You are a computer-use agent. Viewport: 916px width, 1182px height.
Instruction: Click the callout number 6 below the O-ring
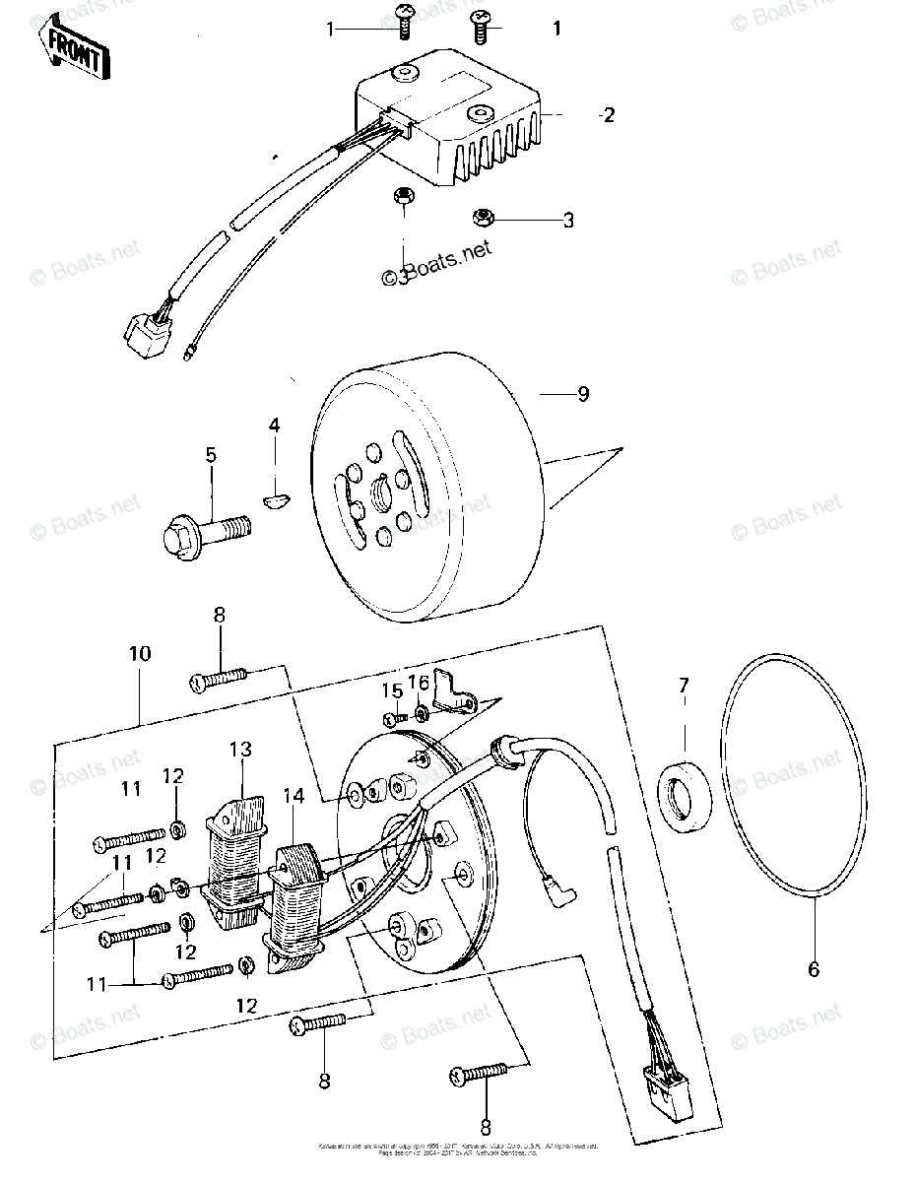click(814, 969)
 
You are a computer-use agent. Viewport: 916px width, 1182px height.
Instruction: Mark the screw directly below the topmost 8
click(218, 678)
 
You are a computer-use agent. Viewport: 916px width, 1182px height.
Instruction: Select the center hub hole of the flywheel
click(382, 488)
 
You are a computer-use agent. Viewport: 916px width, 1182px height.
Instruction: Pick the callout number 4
click(274, 427)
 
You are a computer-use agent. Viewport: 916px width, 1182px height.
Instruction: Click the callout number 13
click(241, 750)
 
